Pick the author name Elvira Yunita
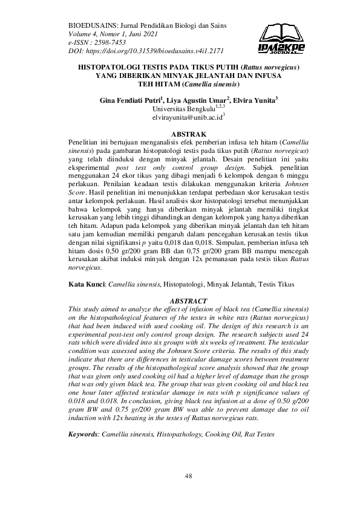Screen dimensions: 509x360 pyautogui.click(x=255, y=100)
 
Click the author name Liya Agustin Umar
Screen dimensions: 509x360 pyautogui.click(x=199, y=100)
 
